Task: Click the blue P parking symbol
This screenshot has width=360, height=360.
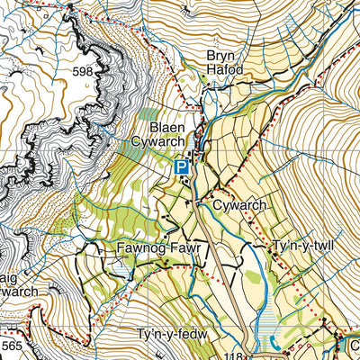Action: (182, 166)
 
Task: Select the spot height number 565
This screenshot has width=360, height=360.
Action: (12, 345)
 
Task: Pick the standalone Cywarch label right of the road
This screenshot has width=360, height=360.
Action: (241, 205)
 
